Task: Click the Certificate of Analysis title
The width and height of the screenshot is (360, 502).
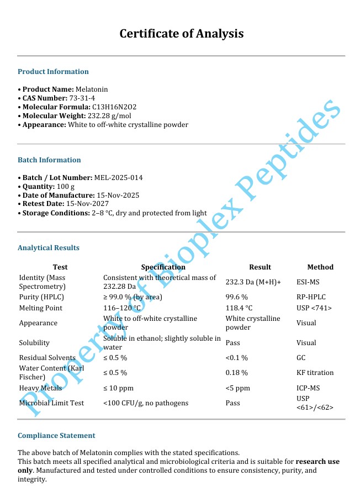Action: [182, 34]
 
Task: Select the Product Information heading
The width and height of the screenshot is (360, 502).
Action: [53, 72]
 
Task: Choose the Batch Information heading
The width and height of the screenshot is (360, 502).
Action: [49, 160]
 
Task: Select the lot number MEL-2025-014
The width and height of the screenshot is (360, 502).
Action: [119, 178]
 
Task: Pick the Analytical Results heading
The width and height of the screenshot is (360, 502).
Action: [49, 248]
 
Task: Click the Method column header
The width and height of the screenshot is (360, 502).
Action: [320, 267]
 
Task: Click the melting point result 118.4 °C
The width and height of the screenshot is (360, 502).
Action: [239, 308]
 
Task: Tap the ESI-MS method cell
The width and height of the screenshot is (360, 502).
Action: [308, 282]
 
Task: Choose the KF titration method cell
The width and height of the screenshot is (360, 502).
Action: [315, 373]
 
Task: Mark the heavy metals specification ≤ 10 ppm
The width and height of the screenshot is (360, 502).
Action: [118, 388]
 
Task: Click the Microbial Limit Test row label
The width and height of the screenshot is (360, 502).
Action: [51, 403]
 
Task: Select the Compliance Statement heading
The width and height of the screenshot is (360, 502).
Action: [56, 436]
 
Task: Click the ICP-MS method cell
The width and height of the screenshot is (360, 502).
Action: [308, 388]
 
